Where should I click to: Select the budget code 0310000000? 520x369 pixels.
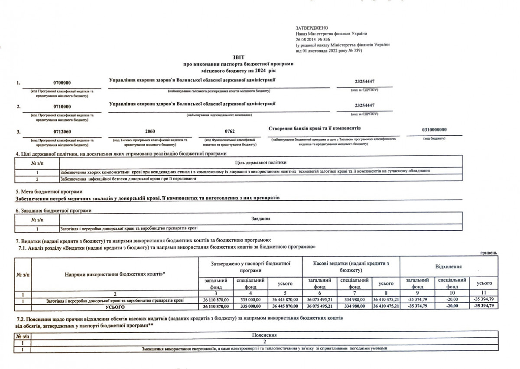(434, 130)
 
